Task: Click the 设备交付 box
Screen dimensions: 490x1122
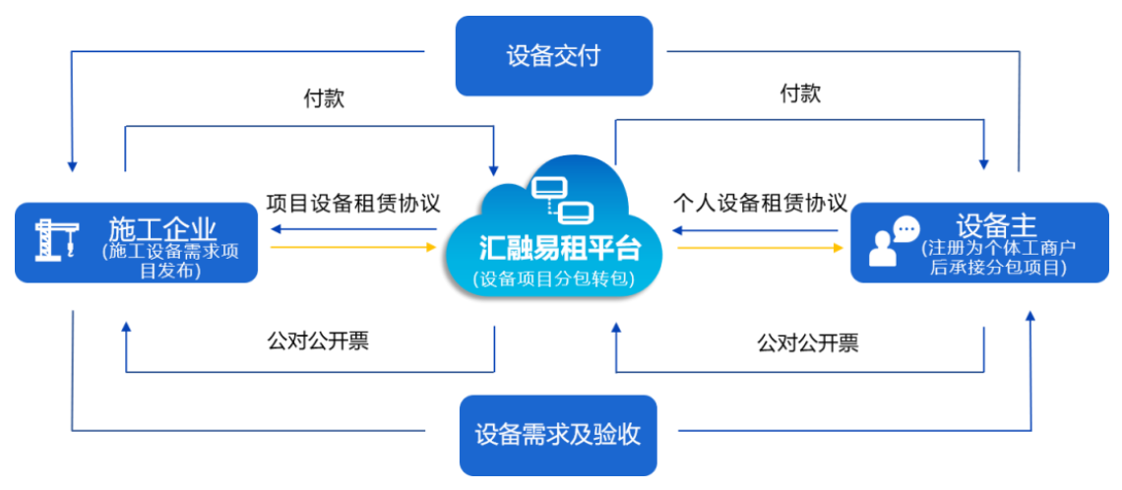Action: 553,55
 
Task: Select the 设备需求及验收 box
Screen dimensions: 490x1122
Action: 557,434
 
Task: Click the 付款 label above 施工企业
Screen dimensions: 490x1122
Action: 324,98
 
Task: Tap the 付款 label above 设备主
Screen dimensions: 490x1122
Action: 800,94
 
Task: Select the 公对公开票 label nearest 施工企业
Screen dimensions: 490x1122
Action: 318,341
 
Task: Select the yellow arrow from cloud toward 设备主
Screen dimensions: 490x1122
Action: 759,247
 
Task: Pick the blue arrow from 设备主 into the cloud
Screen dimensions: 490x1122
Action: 759,230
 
